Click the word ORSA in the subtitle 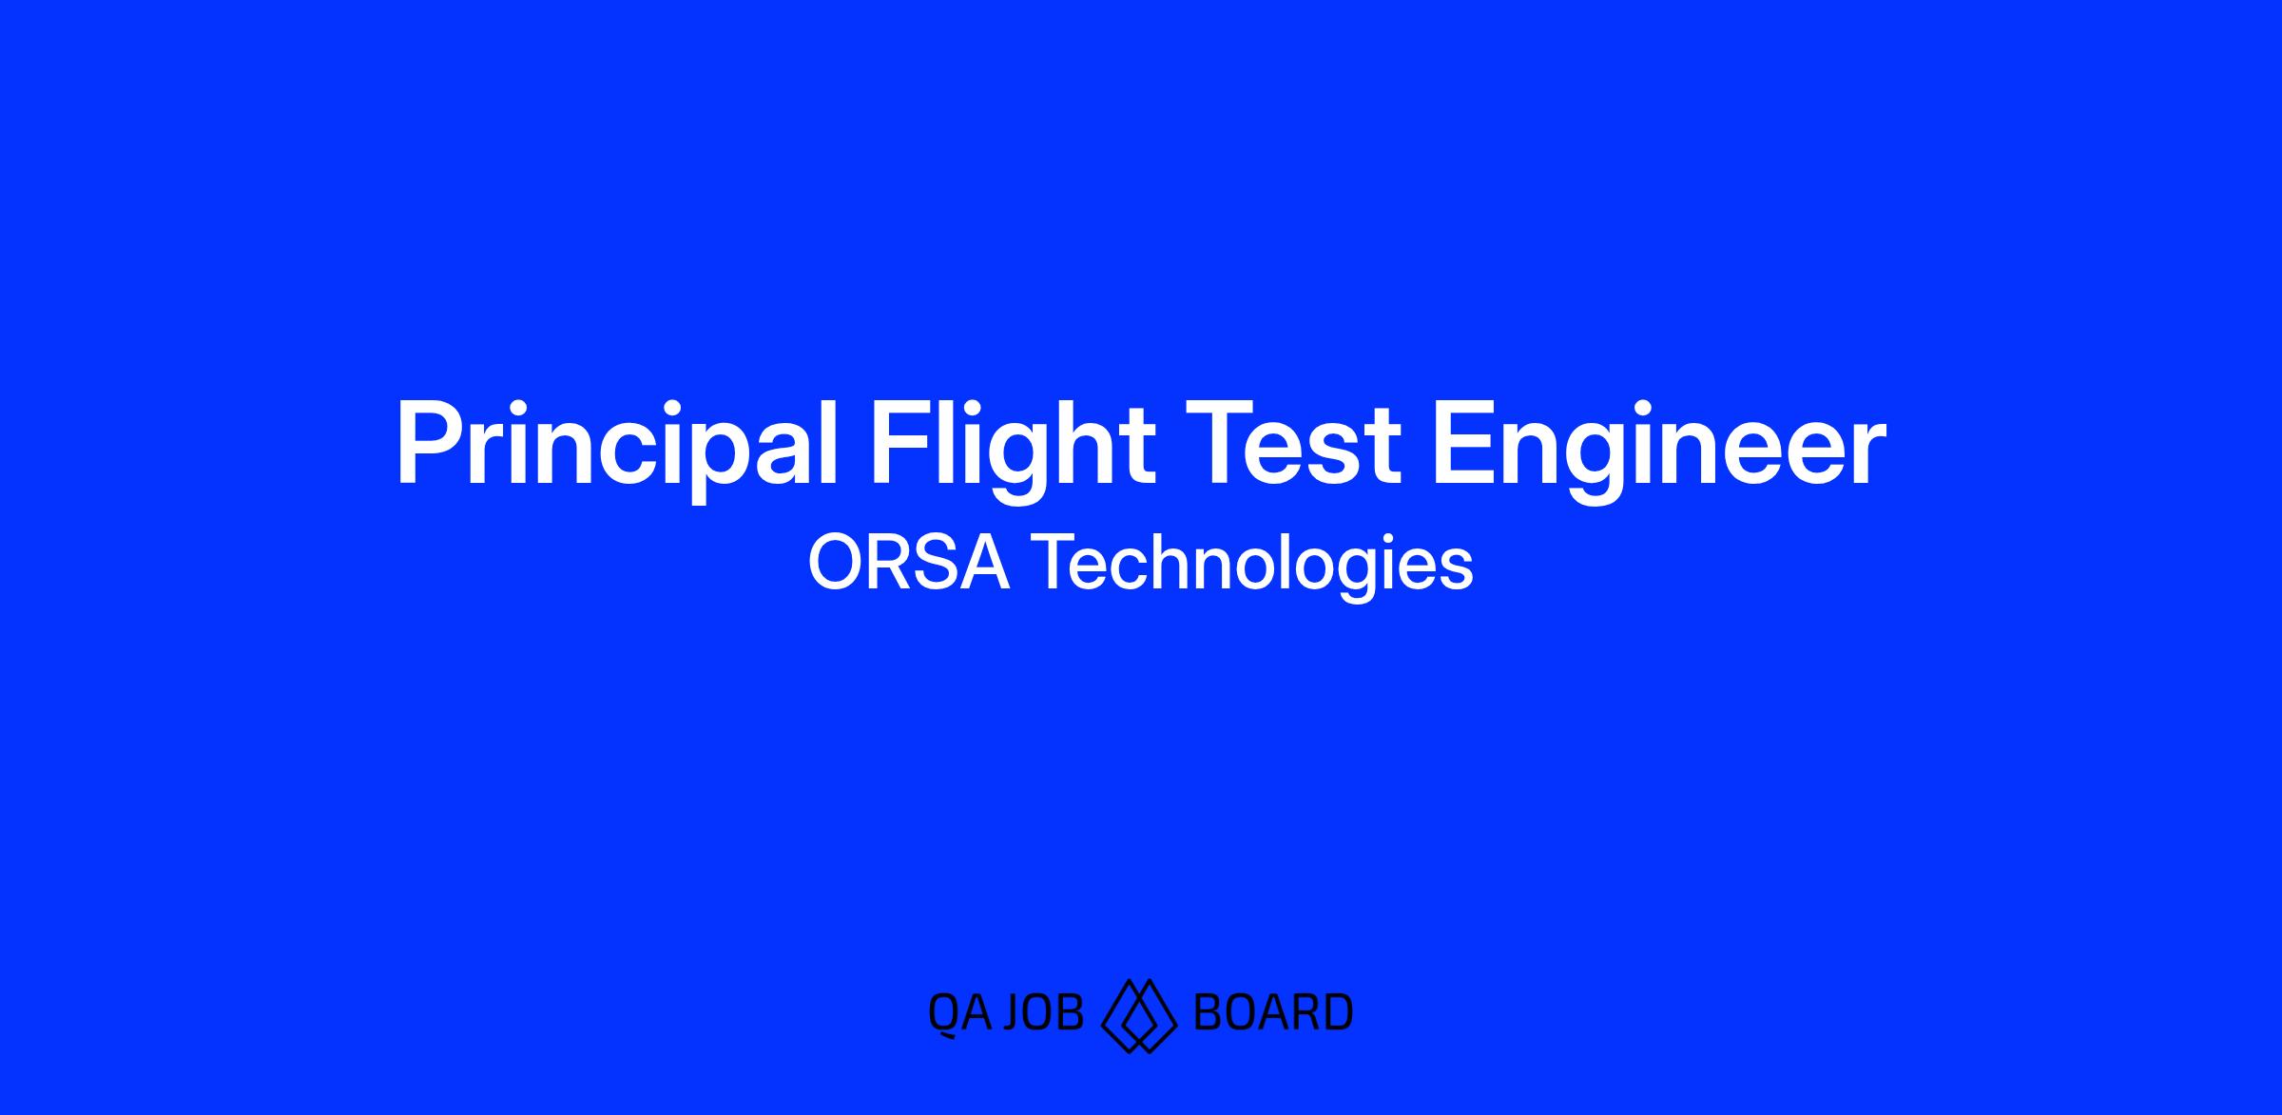pyautogui.click(x=908, y=563)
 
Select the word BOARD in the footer pyautogui.click(x=1272, y=1011)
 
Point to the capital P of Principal pyautogui.click(x=430, y=445)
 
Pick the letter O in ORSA pyautogui.click(x=837, y=563)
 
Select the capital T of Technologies pyautogui.click(x=1054, y=563)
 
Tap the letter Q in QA pyautogui.click(x=943, y=1013)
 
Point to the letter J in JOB pyautogui.click(x=1014, y=1011)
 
